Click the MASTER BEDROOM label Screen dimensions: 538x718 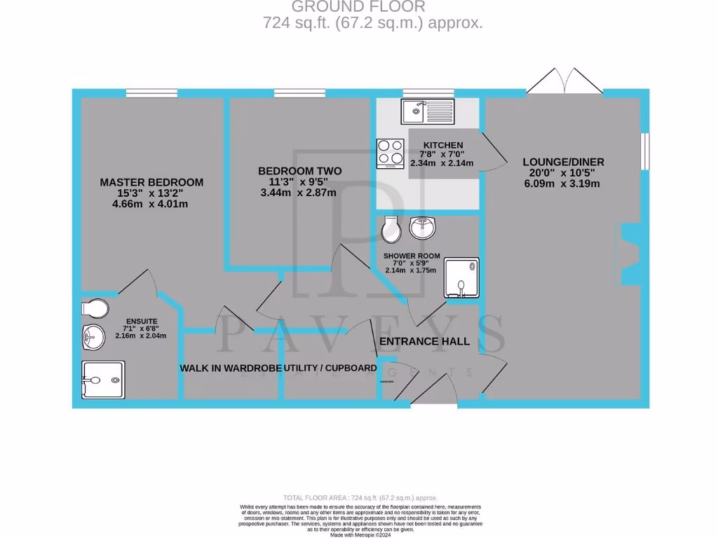click(x=151, y=182)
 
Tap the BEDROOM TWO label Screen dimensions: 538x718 click(x=299, y=171)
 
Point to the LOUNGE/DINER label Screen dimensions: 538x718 click(x=563, y=162)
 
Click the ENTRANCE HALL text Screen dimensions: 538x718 click(x=424, y=341)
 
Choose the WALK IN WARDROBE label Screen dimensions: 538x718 click(x=231, y=368)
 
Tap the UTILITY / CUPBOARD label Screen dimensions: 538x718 click(x=330, y=368)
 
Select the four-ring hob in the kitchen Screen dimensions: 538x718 click(x=391, y=153)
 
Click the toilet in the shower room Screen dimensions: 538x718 click(x=391, y=228)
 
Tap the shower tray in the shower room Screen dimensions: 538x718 click(x=461, y=277)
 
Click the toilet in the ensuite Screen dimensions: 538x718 click(x=95, y=308)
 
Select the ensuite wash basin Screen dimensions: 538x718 click(x=92, y=338)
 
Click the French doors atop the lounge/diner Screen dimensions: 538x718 click(x=565, y=80)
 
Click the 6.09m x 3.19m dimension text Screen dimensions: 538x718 click(x=563, y=184)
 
